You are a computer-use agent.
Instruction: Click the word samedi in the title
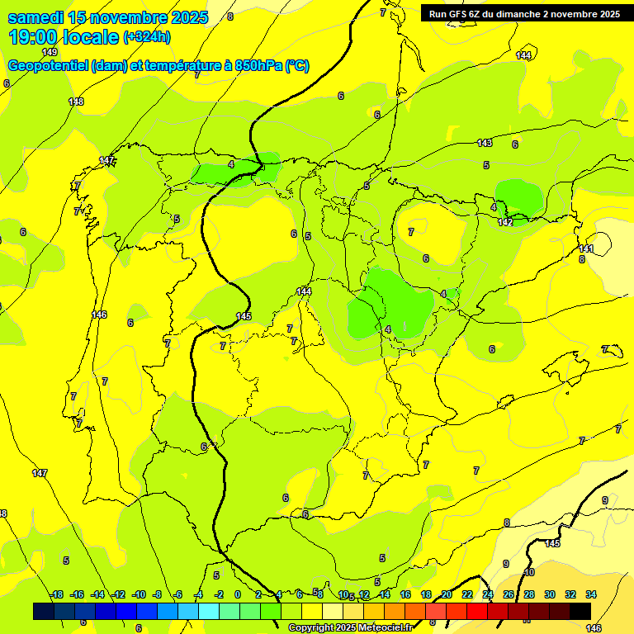click(36, 17)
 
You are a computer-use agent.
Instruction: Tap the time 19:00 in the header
click(35, 37)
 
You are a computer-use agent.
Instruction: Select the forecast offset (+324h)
click(147, 37)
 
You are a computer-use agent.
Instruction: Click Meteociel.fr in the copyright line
click(381, 628)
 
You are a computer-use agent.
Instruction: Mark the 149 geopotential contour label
click(50, 52)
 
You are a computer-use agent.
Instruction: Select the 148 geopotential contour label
click(76, 102)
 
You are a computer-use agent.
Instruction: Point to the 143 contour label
click(485, 143)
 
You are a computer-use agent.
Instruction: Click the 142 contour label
click(505, 222)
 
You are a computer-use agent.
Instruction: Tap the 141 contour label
click(586, 248)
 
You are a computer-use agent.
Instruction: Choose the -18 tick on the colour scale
click(56, 594)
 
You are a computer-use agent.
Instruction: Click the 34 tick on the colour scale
click(591, 594)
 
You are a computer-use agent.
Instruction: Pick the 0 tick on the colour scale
click(238, 594)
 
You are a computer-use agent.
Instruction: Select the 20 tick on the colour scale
click(447, 594)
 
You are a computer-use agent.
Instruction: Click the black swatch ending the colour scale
click(580, 611)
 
